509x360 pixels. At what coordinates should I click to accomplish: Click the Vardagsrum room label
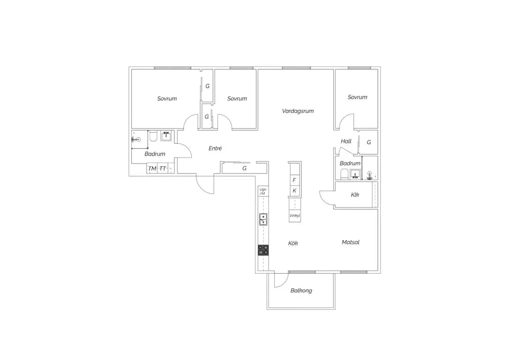[x=298, y=111]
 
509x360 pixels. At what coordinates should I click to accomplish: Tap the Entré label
[x=215, y=148]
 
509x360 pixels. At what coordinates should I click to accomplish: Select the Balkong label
[x=301, y=291]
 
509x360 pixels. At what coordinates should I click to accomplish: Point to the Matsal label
[x=351, y=242]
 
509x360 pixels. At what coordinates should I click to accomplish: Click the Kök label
[x=293, y=243]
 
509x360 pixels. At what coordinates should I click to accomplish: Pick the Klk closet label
[x=355, y=195]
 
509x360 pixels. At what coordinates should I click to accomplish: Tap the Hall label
[x=346, y=141]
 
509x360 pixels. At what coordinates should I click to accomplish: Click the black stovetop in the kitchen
[x=263, y=250]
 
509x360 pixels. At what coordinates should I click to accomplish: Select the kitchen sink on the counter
[x=263, y=219]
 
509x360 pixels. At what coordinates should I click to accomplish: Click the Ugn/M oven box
[x=263, y=191]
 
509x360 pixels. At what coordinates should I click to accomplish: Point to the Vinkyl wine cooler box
[x=295, y=216]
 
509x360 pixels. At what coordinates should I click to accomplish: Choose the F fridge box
[x=294, y=180]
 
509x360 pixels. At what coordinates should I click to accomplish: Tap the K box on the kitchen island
[x=294, y=191]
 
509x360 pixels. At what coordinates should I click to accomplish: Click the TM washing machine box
[x=152, y=168]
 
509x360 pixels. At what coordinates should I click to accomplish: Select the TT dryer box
[x=163, y=168]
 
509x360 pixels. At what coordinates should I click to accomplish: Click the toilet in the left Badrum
[x=153, y=136]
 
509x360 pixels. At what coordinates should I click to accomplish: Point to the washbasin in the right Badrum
[x=355, y=174]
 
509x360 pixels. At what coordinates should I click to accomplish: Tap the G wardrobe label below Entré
[x=245, y=168]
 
